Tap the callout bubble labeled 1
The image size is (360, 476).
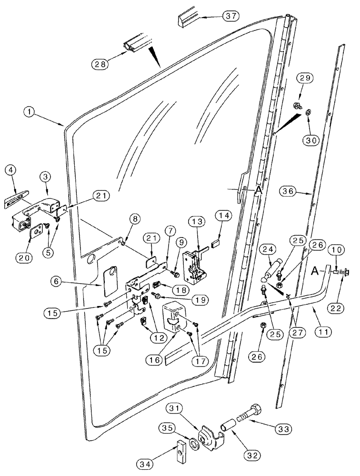[x=30, y=112]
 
